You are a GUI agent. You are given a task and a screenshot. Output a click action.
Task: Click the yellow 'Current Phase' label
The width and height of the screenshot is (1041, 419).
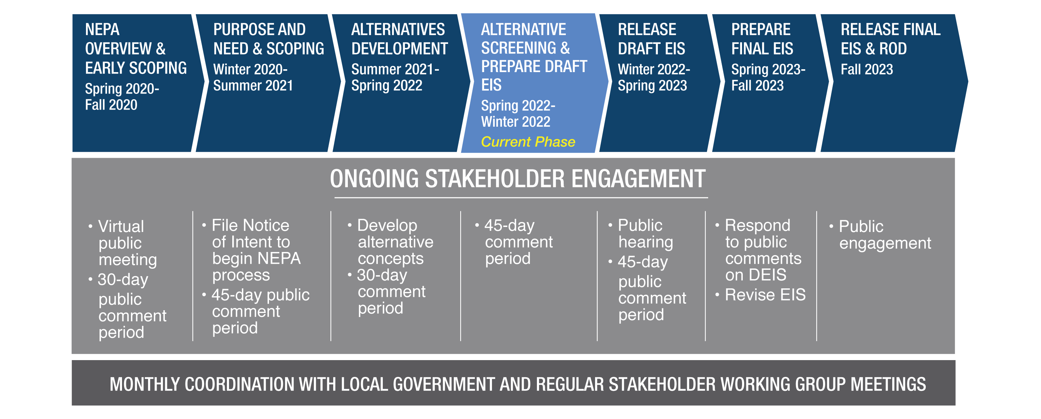coord(528,142)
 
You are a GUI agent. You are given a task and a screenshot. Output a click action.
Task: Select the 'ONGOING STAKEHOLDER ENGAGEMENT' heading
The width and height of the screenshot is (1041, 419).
coord(518,179)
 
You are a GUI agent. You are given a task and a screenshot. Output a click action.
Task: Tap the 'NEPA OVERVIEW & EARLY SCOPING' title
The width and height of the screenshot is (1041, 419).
coord(136,49)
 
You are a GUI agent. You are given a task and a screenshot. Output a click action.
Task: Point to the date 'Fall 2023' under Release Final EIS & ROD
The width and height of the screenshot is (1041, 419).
coord(867,69)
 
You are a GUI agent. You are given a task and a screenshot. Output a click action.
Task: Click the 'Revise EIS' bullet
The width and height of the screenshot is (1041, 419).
coord(765,295)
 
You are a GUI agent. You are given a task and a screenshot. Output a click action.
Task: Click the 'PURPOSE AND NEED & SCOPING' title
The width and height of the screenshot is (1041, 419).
coord(269,39)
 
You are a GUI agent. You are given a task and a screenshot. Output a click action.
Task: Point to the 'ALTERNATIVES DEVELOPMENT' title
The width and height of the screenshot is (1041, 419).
coord(400,39)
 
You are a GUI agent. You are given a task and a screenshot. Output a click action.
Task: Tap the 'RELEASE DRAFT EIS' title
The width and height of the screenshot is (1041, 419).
coord(651,39)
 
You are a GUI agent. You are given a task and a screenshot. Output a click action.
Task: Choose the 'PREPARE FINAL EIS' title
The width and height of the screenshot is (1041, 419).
coord(762,39)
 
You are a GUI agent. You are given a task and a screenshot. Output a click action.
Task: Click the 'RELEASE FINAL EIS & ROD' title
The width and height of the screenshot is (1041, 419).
coord(891,39)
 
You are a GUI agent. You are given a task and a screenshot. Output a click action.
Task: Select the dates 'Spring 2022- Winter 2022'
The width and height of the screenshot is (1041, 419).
coord(518,113)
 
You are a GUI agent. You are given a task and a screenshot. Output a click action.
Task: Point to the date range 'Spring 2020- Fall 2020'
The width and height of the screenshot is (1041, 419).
coord(122,97)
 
